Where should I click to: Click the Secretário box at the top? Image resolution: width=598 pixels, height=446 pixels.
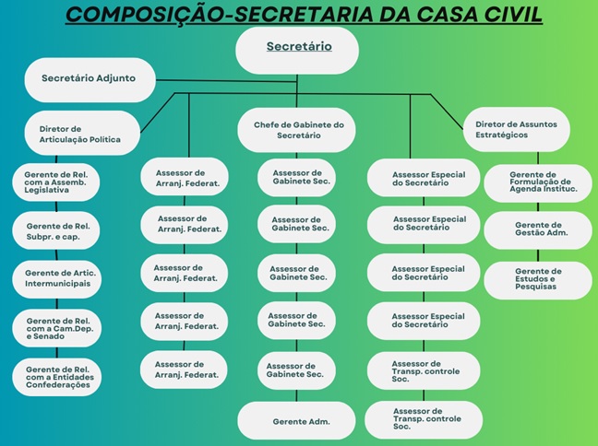[297, 48]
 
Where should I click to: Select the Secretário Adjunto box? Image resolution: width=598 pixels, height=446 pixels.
[89, 78]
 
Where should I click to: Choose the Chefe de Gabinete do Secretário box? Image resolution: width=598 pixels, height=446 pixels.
[297, 130]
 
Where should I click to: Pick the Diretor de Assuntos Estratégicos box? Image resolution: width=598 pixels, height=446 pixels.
[515, 129]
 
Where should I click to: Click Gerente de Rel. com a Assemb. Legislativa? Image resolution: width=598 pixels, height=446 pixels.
[57, 182]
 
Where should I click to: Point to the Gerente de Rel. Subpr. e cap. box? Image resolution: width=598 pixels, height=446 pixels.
[57, 231]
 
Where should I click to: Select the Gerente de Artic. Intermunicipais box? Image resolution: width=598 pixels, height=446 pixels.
[57, 278]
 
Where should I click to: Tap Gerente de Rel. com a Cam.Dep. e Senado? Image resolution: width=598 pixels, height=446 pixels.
[57, 327]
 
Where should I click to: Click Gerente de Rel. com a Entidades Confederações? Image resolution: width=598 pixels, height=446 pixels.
[57, 377]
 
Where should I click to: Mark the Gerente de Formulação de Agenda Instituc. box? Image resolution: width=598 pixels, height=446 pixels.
[537, 182]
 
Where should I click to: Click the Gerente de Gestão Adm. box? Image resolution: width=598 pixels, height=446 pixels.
[537, 230]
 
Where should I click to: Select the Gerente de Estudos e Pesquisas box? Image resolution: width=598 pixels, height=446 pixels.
[537, 278]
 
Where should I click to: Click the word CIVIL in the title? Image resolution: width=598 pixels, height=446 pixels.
[512, 16]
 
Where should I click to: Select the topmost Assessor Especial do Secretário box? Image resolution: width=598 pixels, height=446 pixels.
[425, 178]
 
